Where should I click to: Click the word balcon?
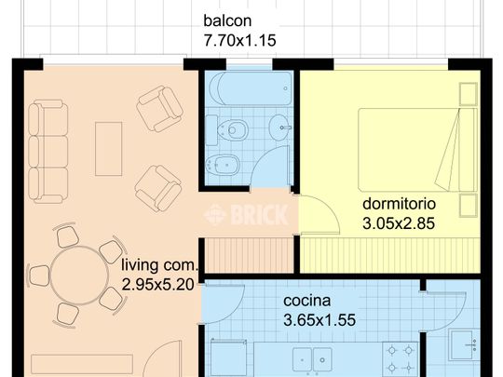[227, 21]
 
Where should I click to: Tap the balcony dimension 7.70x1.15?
[239, 40]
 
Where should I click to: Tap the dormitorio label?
[400, 203]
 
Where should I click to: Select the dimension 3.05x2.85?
[400, 222]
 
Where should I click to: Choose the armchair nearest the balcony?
[158, 108]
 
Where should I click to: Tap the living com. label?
[158, 266]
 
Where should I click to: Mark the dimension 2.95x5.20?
[158, 286]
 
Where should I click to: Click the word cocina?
[308, 301]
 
